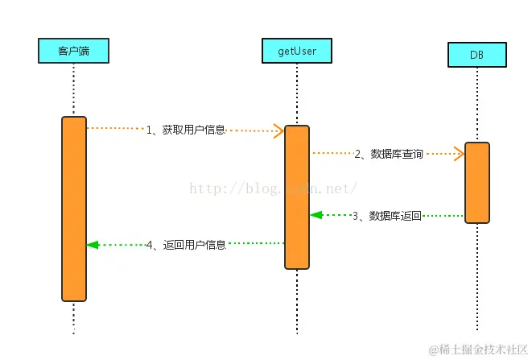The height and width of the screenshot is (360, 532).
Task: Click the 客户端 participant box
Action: click(74, 52)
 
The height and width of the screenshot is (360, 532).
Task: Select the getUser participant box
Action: click(297, 52)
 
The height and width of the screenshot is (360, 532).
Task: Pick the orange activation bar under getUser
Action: click(297, 197)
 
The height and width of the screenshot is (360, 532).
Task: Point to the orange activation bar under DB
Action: click(476, 182)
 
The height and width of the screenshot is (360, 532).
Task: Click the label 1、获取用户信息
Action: click(186, 130)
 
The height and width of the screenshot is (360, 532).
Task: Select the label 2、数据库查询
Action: click(389, 154)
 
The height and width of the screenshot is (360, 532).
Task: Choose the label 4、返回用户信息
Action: click(186, 244)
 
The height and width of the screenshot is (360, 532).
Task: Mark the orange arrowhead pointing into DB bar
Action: click(459, 153)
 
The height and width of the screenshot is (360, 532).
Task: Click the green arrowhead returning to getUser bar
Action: click(316, 215)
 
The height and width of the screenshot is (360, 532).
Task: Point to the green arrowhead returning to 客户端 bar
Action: click(93, 244)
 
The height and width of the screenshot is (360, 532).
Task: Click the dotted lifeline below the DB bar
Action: click(476, 274)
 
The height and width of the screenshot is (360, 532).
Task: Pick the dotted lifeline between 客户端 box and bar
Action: click(74, 89)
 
